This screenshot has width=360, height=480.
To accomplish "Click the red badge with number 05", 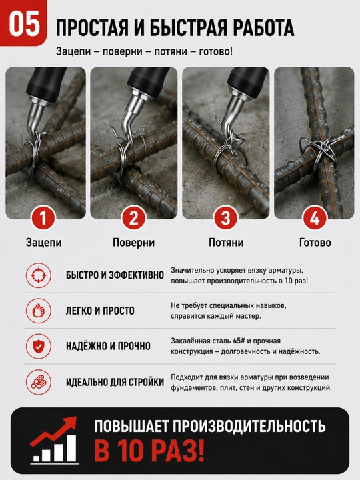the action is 23,23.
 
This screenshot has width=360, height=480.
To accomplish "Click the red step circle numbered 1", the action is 43,218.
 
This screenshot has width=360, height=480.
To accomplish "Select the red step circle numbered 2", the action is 134,218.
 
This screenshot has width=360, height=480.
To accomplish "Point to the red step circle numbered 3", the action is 225,218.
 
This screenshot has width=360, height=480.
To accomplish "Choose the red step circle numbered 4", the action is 315,218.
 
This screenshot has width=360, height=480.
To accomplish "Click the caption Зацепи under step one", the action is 44,243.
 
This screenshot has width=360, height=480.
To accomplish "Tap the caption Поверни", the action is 133,243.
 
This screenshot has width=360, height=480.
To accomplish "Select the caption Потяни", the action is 226,243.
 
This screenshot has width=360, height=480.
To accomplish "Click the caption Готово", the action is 315,243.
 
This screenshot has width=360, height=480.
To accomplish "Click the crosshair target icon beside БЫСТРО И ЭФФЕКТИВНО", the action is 38,275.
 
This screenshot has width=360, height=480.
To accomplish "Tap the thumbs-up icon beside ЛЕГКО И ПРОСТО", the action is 38,311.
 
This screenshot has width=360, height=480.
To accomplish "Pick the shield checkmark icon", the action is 38,346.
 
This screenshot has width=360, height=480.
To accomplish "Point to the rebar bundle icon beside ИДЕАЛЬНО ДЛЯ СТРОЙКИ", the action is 38,382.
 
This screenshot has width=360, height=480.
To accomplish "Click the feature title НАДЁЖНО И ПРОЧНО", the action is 108,346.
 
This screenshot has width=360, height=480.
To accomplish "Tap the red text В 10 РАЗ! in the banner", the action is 149,451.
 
